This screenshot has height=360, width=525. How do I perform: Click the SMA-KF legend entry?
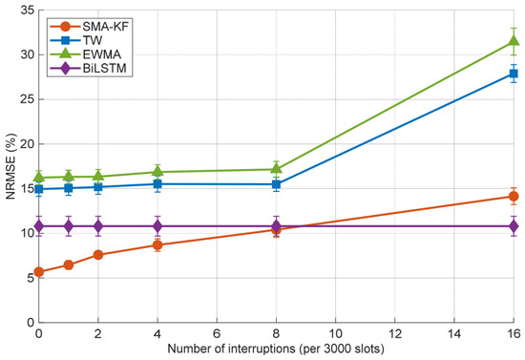coord(89,26)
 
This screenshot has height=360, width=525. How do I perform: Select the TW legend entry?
coord(76,40)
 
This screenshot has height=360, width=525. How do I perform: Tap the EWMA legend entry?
coord(85,54)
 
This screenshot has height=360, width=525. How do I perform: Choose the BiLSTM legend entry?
coord(89,69)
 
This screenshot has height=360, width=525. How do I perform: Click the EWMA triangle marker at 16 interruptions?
coord(514,41)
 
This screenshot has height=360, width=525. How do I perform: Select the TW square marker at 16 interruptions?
coord(514,74)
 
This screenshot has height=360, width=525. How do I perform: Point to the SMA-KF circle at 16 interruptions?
coord(514,197)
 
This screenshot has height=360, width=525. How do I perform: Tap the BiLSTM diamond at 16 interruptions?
coord(514,226)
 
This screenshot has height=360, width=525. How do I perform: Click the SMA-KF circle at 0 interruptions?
coord(39,272)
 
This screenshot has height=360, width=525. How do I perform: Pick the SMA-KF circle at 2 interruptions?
coord(98,255)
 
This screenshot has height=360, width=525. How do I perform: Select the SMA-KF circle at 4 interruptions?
coord(157,245)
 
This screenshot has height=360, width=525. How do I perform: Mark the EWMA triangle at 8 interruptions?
coord(276,167)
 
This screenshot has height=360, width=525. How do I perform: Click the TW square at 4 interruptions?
coord(157,184)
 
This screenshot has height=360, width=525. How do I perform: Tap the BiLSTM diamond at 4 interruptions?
coord(157,226)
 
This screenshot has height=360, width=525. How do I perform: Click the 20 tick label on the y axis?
coord(27,144)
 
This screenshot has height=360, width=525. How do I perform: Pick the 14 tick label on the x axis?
coord(454,334)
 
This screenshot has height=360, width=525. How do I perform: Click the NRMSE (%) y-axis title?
coord(10,166)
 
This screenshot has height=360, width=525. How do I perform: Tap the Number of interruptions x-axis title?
coord(276,349)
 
